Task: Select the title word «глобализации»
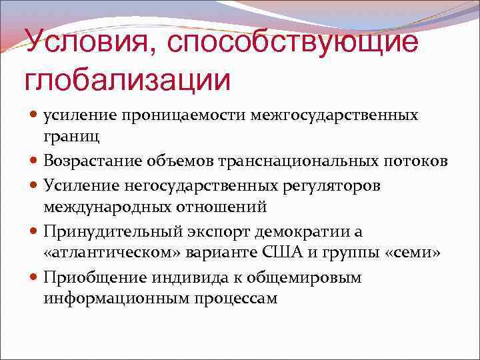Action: point(127,80)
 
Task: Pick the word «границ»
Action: point(72,137)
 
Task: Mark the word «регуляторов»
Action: point(333,185)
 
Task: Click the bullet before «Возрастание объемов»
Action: point(34,161)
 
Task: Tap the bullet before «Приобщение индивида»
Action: point(34,277)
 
